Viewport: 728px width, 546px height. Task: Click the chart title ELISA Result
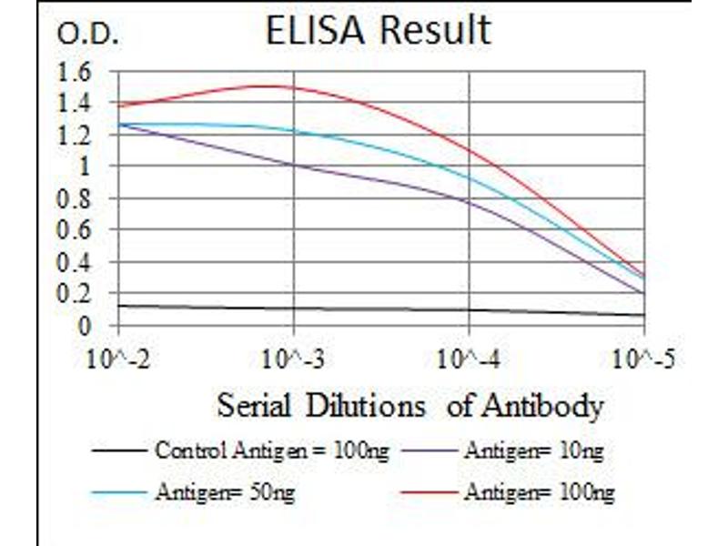pyautogui.click(x=378, y=30)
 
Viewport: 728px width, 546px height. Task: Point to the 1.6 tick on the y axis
pyautogui.click(x=76, y=71)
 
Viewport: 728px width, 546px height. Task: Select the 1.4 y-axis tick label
pyautogui.click(x=76, y=103)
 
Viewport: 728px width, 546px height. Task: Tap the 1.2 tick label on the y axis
pyautogui.click(x=76, y=135)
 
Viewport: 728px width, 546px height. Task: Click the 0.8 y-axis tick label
pyautogui.click(x=76, y=198)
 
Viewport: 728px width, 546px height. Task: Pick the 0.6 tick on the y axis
pyautogui.click(x=76, y=230)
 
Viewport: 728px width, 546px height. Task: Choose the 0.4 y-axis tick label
pyautogui.click(x=76, y=262)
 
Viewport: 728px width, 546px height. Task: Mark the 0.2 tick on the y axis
pyautogui.click(x=76, y=294)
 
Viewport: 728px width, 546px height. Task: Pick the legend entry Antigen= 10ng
pyautogui.click(x=533, y=450)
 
